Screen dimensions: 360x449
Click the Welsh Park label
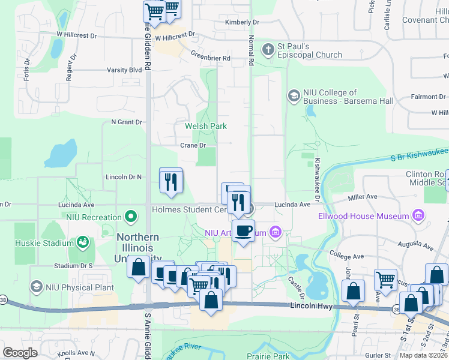(x=205, y=126)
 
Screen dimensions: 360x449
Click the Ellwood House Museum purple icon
(x=418, y=215)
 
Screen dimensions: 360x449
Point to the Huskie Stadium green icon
(x=82, y=242)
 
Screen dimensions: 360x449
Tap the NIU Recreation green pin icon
(x=131, y=216)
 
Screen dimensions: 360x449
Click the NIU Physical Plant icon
(x=37, y=287)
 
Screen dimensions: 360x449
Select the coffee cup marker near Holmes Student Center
(x=243, y=230)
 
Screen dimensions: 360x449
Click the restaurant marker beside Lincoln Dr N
(x=170, y=179)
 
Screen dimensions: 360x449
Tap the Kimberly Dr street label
(x=242, y=22)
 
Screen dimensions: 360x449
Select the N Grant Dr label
(x=126, y=122)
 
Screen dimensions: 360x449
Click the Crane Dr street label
(x=193, y=145)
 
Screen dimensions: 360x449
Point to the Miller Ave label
(x=362, y=197)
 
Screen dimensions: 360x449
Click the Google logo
(x=20, y=353)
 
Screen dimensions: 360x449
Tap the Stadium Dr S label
(x=73, y=265)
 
